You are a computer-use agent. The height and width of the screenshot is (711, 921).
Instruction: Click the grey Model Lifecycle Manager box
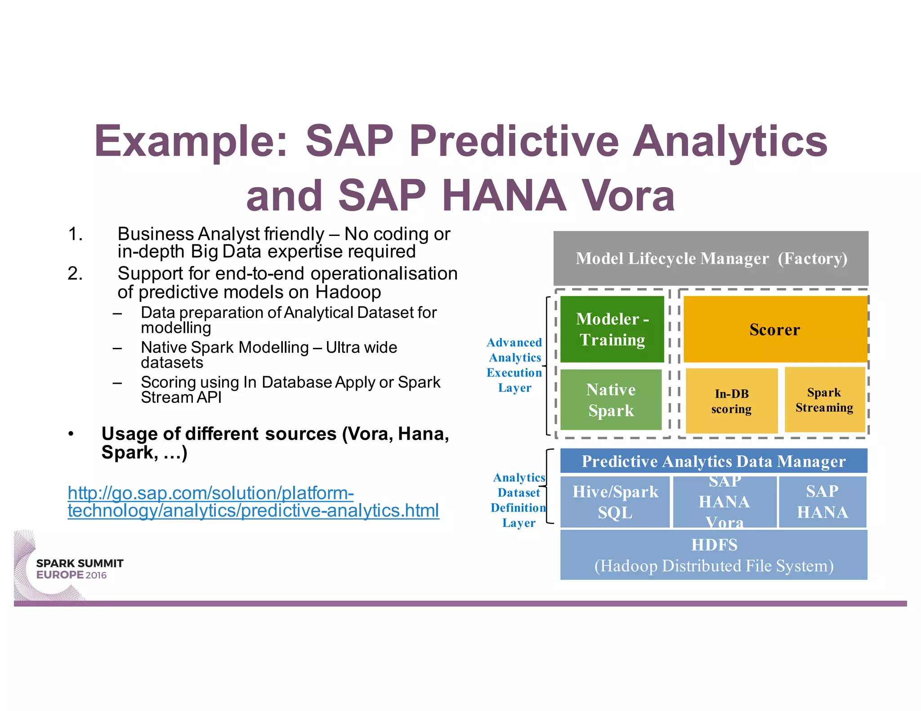[711, 258]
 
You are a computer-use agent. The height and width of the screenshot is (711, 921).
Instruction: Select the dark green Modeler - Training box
[612, 329]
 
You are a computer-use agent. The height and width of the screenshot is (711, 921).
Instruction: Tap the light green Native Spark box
[611, 400]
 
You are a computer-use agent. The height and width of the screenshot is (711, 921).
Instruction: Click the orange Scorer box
[775, 329]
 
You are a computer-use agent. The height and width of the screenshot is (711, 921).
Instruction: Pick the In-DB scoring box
[731, 401]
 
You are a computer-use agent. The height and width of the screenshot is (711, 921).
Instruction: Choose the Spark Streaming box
[824, 400]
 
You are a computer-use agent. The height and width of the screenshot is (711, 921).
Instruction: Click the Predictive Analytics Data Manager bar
[714, 461]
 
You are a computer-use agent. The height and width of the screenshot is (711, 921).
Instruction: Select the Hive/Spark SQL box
[615, 502]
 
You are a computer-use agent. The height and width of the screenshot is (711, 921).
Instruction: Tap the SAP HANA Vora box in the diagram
[724, 502]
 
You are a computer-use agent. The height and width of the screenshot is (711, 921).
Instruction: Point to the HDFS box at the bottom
[714, 555]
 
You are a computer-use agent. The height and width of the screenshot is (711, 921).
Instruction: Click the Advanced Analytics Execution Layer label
[514, 365]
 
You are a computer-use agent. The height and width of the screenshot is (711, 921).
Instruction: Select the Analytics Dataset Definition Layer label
[519, 500]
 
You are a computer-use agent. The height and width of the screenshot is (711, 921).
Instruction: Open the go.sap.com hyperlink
[253, 502]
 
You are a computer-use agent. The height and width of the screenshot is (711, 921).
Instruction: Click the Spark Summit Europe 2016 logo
[72, 568]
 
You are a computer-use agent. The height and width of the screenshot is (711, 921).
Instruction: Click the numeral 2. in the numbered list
[75, 273]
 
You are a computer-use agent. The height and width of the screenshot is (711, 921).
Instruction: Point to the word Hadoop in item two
[348, 292]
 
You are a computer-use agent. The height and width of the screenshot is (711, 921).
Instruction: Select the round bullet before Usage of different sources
[71, 434]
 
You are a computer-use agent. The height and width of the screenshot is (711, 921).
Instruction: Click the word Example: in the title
[191, 141]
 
